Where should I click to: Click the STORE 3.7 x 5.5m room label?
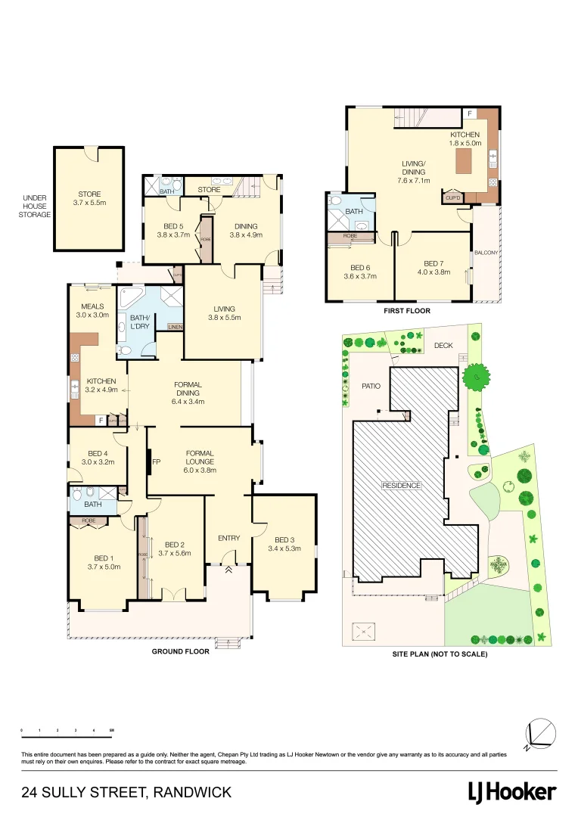coord(89,199)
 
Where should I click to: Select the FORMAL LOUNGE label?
coord(200,457)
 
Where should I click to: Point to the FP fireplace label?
coord(157,461)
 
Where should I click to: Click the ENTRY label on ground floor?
coord(228,538)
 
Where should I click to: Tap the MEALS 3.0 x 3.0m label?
coord(93,310)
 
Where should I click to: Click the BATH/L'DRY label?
coord(140,323)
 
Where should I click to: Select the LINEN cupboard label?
coord(176,327)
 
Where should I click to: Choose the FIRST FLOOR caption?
coord(408,311)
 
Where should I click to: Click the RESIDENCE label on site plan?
coord(401,485)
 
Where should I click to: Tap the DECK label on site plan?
coord(443,346)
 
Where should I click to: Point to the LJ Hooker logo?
coord(512,792)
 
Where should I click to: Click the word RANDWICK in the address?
coord(192,793)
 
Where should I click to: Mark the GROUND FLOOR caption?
coord(180,651)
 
